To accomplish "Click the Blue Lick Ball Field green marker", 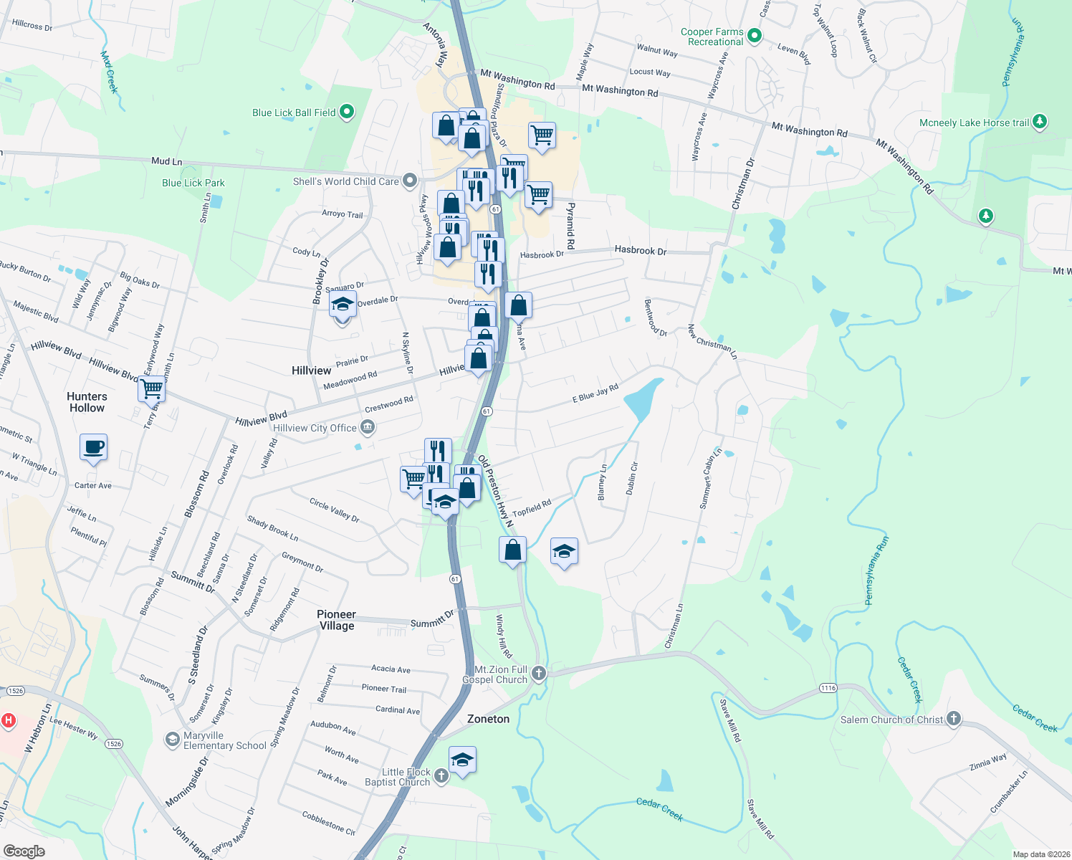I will pyautogui.click(x=347, y=112).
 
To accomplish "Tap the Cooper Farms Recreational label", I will pyautogui.click(x=712, y=37).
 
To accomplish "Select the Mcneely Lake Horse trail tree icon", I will pyautogui.click(x=1040, y=122).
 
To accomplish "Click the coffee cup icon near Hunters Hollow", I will pyautogui.click(x=94, y=447).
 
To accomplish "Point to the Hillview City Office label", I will pyautogui.click(x=315, y=428).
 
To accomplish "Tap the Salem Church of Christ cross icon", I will pyautogui.click(x=953, y=719).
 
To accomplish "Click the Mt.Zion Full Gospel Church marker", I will pyautogui.click(x=539, y=673).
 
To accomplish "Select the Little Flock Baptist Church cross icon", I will pyautogui.click(x=441, y=775).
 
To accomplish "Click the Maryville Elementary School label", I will pyautogui.click(x=224, y=740).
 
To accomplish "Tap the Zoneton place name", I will pyautogui.click(x=488, y=719).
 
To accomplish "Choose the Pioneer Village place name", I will pyautogui.click(x=336, y=620).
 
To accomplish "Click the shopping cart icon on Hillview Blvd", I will pyautogui.click(x=152, y=389).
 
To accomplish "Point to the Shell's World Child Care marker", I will pyautogui.click(x=410, y=181).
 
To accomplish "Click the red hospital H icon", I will pyautogui.click(x=8, y=720).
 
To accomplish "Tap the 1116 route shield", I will pyautogui.click(x=828, y=688).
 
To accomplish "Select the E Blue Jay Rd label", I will pyautogui.click(x=595, y=393).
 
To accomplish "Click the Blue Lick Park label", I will pyautogui.click(x=193, y=183).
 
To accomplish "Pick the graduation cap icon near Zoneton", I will pyautogui.click(x=462, y=760).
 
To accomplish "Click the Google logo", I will pyautogui.click(x=24, y=851).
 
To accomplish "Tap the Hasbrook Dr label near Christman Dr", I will pyautogui.click(x=641, y=250).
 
